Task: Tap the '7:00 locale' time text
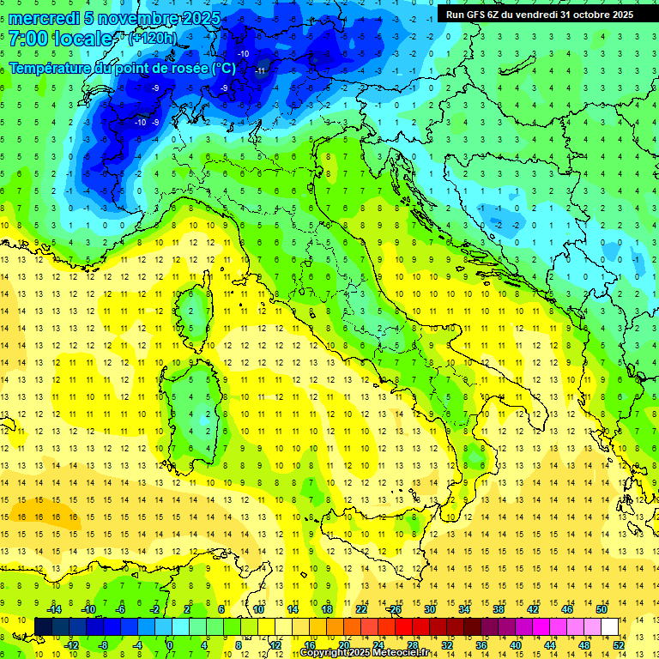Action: [61, 39]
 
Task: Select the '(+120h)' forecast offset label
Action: [152, 39]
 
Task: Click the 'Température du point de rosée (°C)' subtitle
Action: [122, 68]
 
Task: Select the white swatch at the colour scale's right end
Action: [609, 626]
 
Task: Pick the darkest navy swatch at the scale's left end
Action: [43, 626]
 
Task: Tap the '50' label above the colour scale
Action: [601, 609]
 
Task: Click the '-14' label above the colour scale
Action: [53, 609]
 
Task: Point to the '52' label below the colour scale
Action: [619, 644]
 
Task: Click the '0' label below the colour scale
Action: [170, 644]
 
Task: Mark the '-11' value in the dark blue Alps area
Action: [260, 70]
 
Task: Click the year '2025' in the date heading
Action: [197, 18]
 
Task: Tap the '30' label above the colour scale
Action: [430, 609]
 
